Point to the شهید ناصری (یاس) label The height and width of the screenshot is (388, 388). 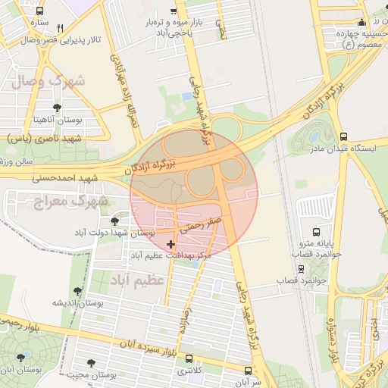coord(42,139)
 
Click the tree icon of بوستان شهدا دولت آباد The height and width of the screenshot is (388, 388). coord(114,221)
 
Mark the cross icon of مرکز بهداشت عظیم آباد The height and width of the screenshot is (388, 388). coord(170,244)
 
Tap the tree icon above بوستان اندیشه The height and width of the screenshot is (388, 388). coord(77,290)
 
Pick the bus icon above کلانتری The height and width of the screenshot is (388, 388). coord(189,359)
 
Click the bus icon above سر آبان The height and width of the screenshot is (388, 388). coord(249,371)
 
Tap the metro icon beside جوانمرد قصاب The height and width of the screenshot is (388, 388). coord(302,269)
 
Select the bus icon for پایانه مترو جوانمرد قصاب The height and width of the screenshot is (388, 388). coord(315,232)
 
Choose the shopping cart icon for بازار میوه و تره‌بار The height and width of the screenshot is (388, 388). coord(174,11)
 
